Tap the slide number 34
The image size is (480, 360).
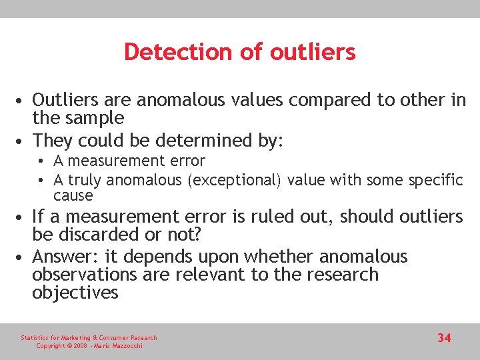[444, 338]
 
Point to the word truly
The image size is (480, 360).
[83, 180]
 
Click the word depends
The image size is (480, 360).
[161, 257]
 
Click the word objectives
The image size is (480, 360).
[75, 293]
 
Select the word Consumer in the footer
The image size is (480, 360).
[117, 338]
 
